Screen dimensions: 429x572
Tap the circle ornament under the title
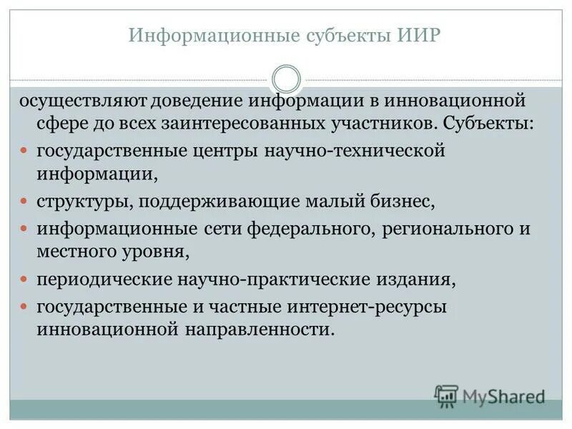(x=287, y=78)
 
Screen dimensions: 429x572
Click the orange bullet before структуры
(x=23, y=201)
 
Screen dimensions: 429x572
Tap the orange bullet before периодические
(x=23, y=280)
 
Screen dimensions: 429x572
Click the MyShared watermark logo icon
(x=447, y=396)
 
